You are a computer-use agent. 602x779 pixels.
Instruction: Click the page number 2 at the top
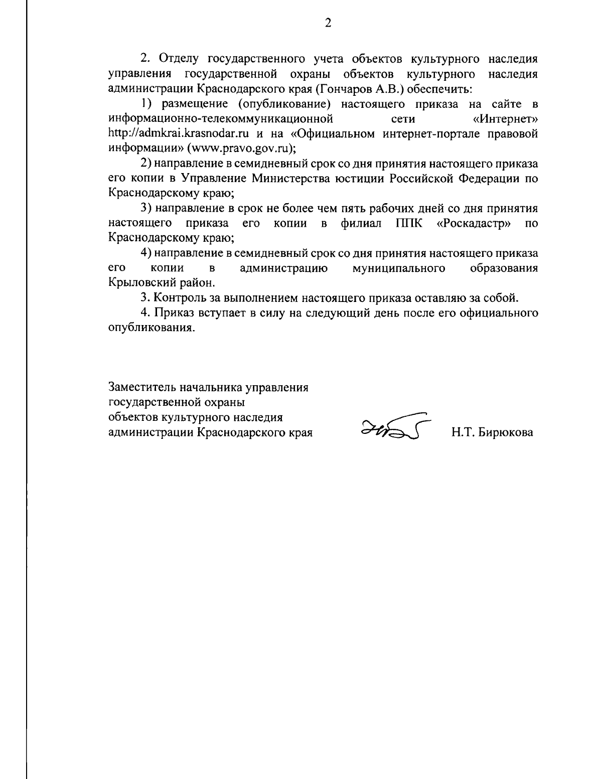coord(328,24)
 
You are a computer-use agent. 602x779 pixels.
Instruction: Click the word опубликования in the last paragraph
coord(150,328)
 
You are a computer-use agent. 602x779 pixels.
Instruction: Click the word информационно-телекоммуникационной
coord(221,119)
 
